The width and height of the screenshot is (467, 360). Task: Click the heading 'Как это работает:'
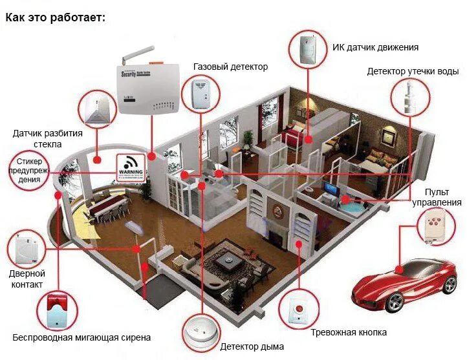pyautogui.click(x=55, y=17)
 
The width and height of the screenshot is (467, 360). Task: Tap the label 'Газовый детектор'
pyautogui.click(x=230, y=67)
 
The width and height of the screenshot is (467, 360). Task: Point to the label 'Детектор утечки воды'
pyautogui.click(x=413, y=71)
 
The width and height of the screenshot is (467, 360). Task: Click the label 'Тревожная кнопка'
pyautogui.click(x=349, y=332)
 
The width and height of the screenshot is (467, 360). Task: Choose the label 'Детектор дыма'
pyautogui.click(x=252, y=346)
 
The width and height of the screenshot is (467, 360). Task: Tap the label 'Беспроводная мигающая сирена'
pyautogui.click(x=81, y=337)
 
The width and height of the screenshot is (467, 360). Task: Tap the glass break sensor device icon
pyautogui.click(x=96, y=108)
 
